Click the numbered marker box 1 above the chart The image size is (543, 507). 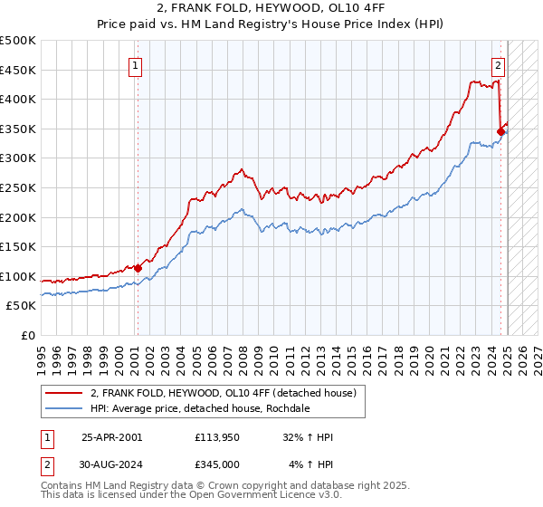(x=135, y=64)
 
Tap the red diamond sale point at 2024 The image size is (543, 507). (x=500, y=132)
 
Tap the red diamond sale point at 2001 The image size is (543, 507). (x=138, y=268)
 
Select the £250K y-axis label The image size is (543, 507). (x=19, y=187)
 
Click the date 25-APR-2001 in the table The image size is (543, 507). (x=111, y=437)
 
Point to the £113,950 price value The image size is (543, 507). (x=217, y=437)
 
